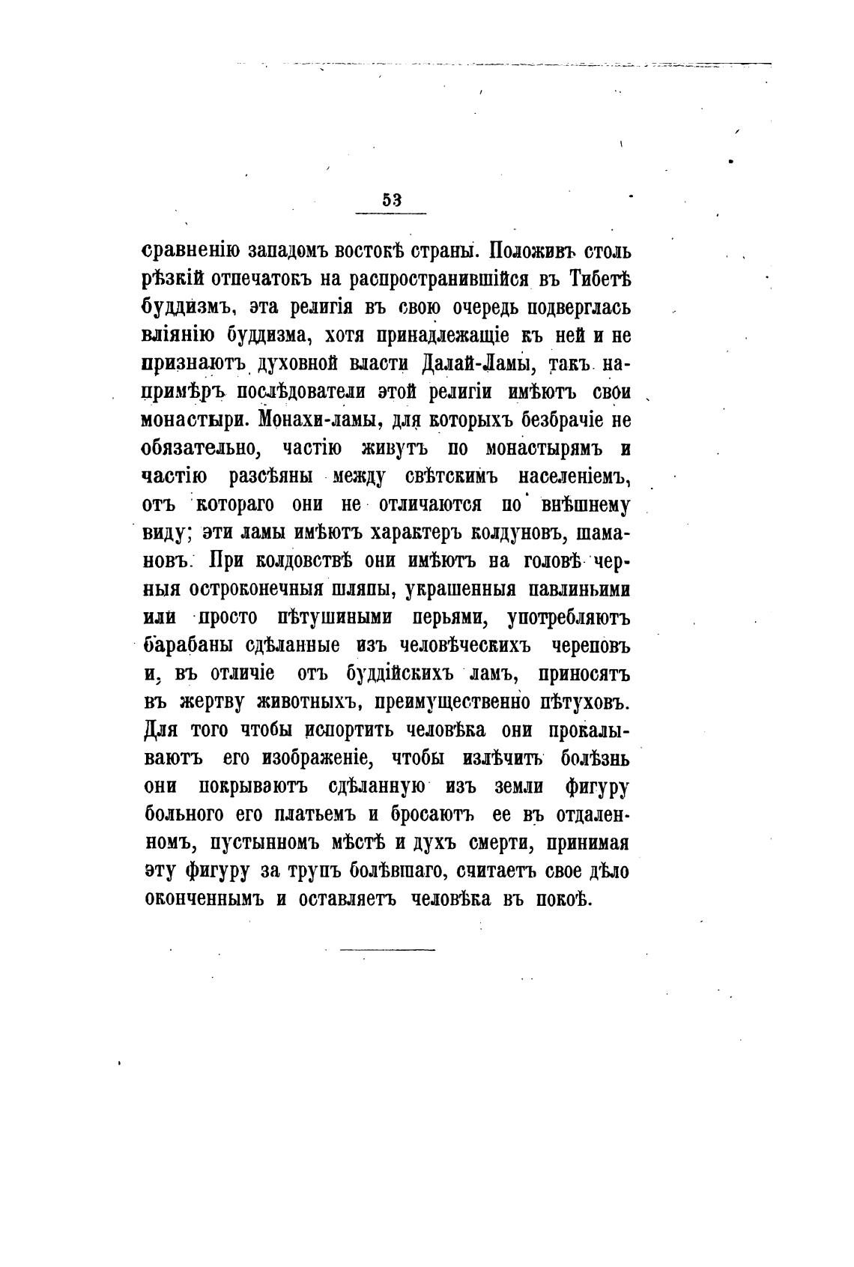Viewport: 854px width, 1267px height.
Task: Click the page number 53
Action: click(x=392, y=200)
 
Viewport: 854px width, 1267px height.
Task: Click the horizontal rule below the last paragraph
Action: click(x=387, y=950)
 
